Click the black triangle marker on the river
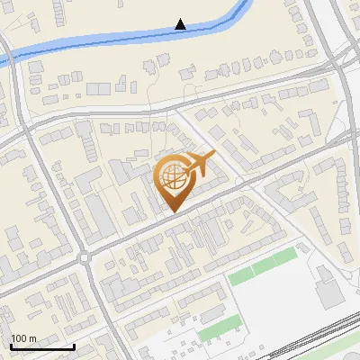181,24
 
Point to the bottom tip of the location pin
173,211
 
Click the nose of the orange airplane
214,156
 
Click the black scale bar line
42,346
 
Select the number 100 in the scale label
18,338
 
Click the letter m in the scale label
31,338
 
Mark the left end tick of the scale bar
11,344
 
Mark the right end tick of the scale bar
74,344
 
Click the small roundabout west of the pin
86,258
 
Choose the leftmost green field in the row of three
240,277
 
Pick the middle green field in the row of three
263,267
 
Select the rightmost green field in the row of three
285,257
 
